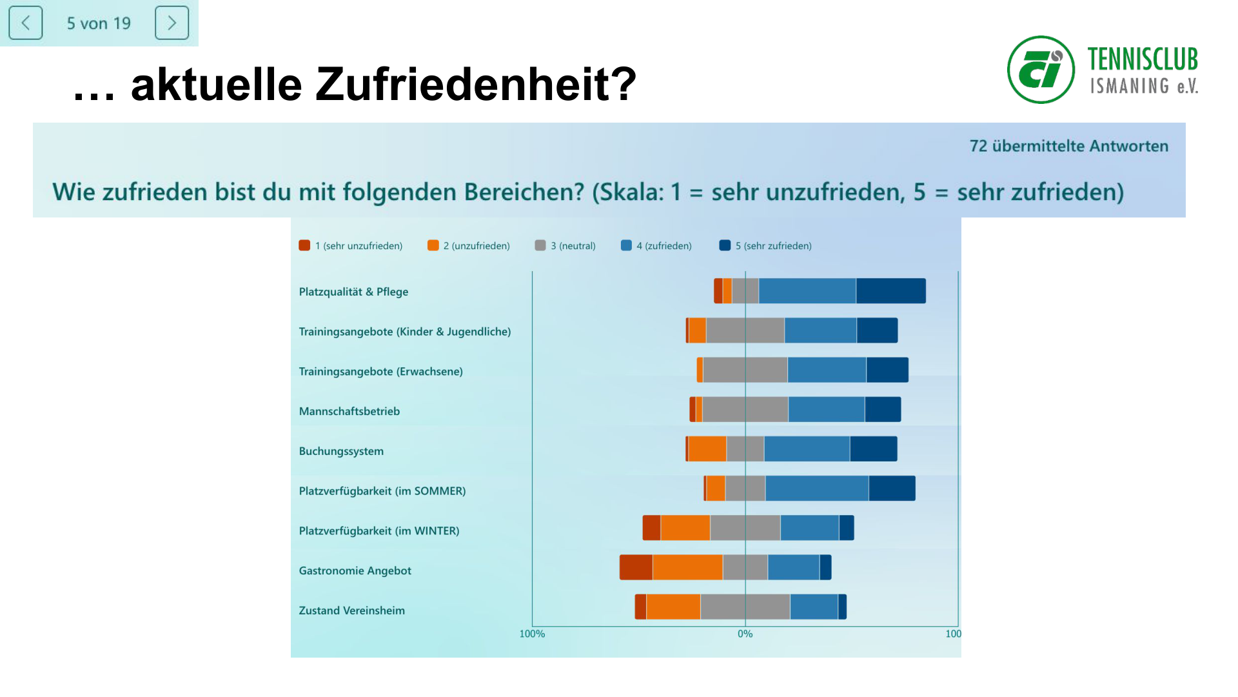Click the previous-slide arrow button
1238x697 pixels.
[26, 23]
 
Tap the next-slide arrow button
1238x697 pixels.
[172, 23]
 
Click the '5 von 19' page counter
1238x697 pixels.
[99, 24]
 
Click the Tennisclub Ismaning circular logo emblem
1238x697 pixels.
[1041, 70]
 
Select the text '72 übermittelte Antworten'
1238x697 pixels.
[1068, 146]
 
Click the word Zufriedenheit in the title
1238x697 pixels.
[475, 85]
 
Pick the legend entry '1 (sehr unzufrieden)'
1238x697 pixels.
[351, 246]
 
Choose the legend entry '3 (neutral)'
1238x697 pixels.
[565, 246]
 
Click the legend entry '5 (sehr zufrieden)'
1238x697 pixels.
[765, 246]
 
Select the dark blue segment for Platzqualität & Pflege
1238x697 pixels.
[890, 291]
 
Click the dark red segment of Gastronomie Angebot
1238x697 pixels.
[636, 567]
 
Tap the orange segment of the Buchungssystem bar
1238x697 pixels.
[707, 449]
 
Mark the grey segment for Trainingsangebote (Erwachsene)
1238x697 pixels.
[745, 370]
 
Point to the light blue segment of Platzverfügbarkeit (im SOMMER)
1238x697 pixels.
[816, 489]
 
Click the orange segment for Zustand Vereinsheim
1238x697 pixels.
[673, 607]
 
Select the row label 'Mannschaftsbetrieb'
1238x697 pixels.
[349, 412]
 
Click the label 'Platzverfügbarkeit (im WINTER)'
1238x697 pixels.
[378, 531]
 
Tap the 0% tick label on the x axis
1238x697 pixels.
[745, 634]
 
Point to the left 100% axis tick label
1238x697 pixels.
[532, 634]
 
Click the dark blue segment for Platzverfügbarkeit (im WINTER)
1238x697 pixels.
[846, 528]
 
